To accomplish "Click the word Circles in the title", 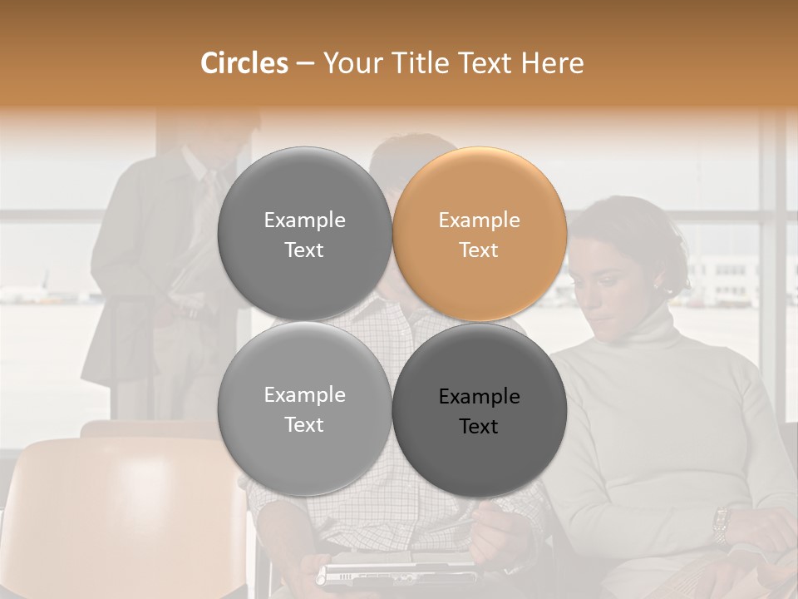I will pos(244,63).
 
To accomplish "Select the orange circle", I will pos(480,234).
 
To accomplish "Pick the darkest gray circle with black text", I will pos(480,409).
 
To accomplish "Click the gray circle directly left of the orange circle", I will pos(304,234).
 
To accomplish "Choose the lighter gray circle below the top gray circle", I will pos(304,409).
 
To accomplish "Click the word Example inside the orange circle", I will pos(479,220).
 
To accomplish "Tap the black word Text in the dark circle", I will pos(479,427).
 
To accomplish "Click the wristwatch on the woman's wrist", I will pos(721,525).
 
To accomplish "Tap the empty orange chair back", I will pos(125,516).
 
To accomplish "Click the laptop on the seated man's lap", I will pos(391,573).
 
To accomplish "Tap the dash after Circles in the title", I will pos(305,64).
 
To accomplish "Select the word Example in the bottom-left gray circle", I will pos(304,395).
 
